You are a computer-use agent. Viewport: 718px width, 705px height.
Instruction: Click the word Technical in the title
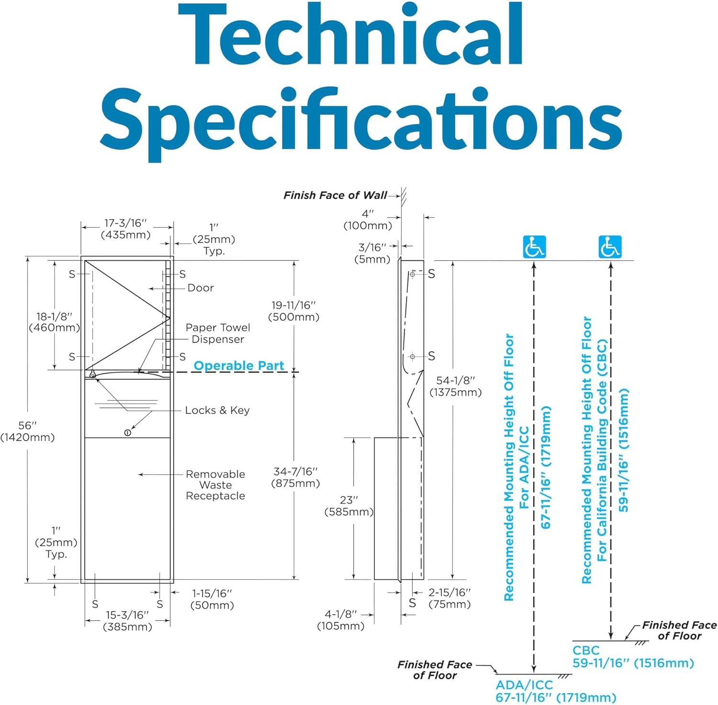[x=352, y=34]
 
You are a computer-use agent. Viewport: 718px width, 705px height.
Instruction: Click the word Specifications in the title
[x=361, y=123]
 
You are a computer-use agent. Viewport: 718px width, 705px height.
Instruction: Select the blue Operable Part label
[x=239, y=366]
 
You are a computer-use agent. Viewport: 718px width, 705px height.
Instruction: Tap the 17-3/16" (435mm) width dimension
[x=125, y=229]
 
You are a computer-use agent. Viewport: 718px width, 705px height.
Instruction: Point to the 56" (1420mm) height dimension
[x=27, y=431]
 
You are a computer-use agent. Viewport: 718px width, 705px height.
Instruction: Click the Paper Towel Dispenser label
[x=218, y=333]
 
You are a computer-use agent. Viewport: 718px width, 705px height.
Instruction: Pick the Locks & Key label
[x=217, y=410]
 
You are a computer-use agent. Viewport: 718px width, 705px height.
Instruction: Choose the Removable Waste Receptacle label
[x=215, y=485]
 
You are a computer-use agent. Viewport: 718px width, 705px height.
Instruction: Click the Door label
[x=201, y=288]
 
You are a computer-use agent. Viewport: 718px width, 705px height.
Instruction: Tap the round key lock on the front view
[x=127, y=433]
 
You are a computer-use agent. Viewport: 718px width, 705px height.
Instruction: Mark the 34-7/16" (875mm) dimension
[x=295, y=477]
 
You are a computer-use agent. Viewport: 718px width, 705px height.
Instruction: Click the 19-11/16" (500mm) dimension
[x=294, y=311]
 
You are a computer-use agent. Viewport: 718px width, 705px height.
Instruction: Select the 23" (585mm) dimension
[x=349, y=506]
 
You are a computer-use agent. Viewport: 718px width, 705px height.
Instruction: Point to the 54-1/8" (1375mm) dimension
[x=455, y=386]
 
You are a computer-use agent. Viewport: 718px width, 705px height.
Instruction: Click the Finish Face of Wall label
[x=335, y=195]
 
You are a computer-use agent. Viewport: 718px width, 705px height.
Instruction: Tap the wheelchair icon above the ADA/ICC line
[x=534, y=247]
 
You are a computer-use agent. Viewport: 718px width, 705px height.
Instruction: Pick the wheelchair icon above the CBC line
[x=610, y=247]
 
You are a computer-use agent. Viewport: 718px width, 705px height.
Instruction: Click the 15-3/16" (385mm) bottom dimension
[x=127, y=621]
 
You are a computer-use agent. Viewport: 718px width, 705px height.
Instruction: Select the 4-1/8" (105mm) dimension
[x=341, y=620]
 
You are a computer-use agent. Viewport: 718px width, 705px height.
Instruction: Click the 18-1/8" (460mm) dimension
[x=54, y=322]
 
